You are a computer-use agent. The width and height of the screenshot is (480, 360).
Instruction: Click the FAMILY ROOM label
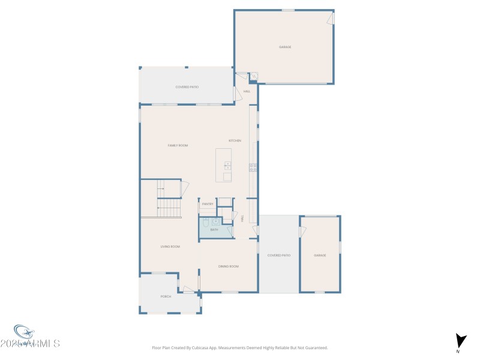point(178,145)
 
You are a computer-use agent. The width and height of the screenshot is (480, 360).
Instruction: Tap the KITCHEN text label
point(235,140)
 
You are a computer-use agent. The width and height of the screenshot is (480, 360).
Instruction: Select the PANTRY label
point(208,204)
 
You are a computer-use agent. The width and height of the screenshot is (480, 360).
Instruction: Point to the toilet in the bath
point(205,224)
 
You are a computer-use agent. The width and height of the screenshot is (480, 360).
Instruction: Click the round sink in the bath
point(215,221)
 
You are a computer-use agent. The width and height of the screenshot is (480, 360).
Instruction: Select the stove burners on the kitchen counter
point(253,167)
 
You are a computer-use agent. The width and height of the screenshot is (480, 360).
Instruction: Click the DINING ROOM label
point(228,266)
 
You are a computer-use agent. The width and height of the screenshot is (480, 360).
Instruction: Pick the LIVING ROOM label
point(170,247)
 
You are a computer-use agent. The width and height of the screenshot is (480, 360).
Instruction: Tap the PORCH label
point(166,296)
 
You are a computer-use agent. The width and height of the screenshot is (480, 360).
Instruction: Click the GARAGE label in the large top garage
point(284,47)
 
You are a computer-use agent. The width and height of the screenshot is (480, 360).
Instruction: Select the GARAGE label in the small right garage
point(320,255)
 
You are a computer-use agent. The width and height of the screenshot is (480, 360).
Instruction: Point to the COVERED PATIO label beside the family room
point(187,87)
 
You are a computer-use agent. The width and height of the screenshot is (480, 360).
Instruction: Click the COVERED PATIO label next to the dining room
point(279,255)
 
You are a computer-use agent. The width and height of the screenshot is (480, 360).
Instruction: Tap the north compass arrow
point(460,341)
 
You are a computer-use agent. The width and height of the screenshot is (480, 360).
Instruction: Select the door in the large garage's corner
point(330,19)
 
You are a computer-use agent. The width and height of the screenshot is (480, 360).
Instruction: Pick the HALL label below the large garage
point(246,91)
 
